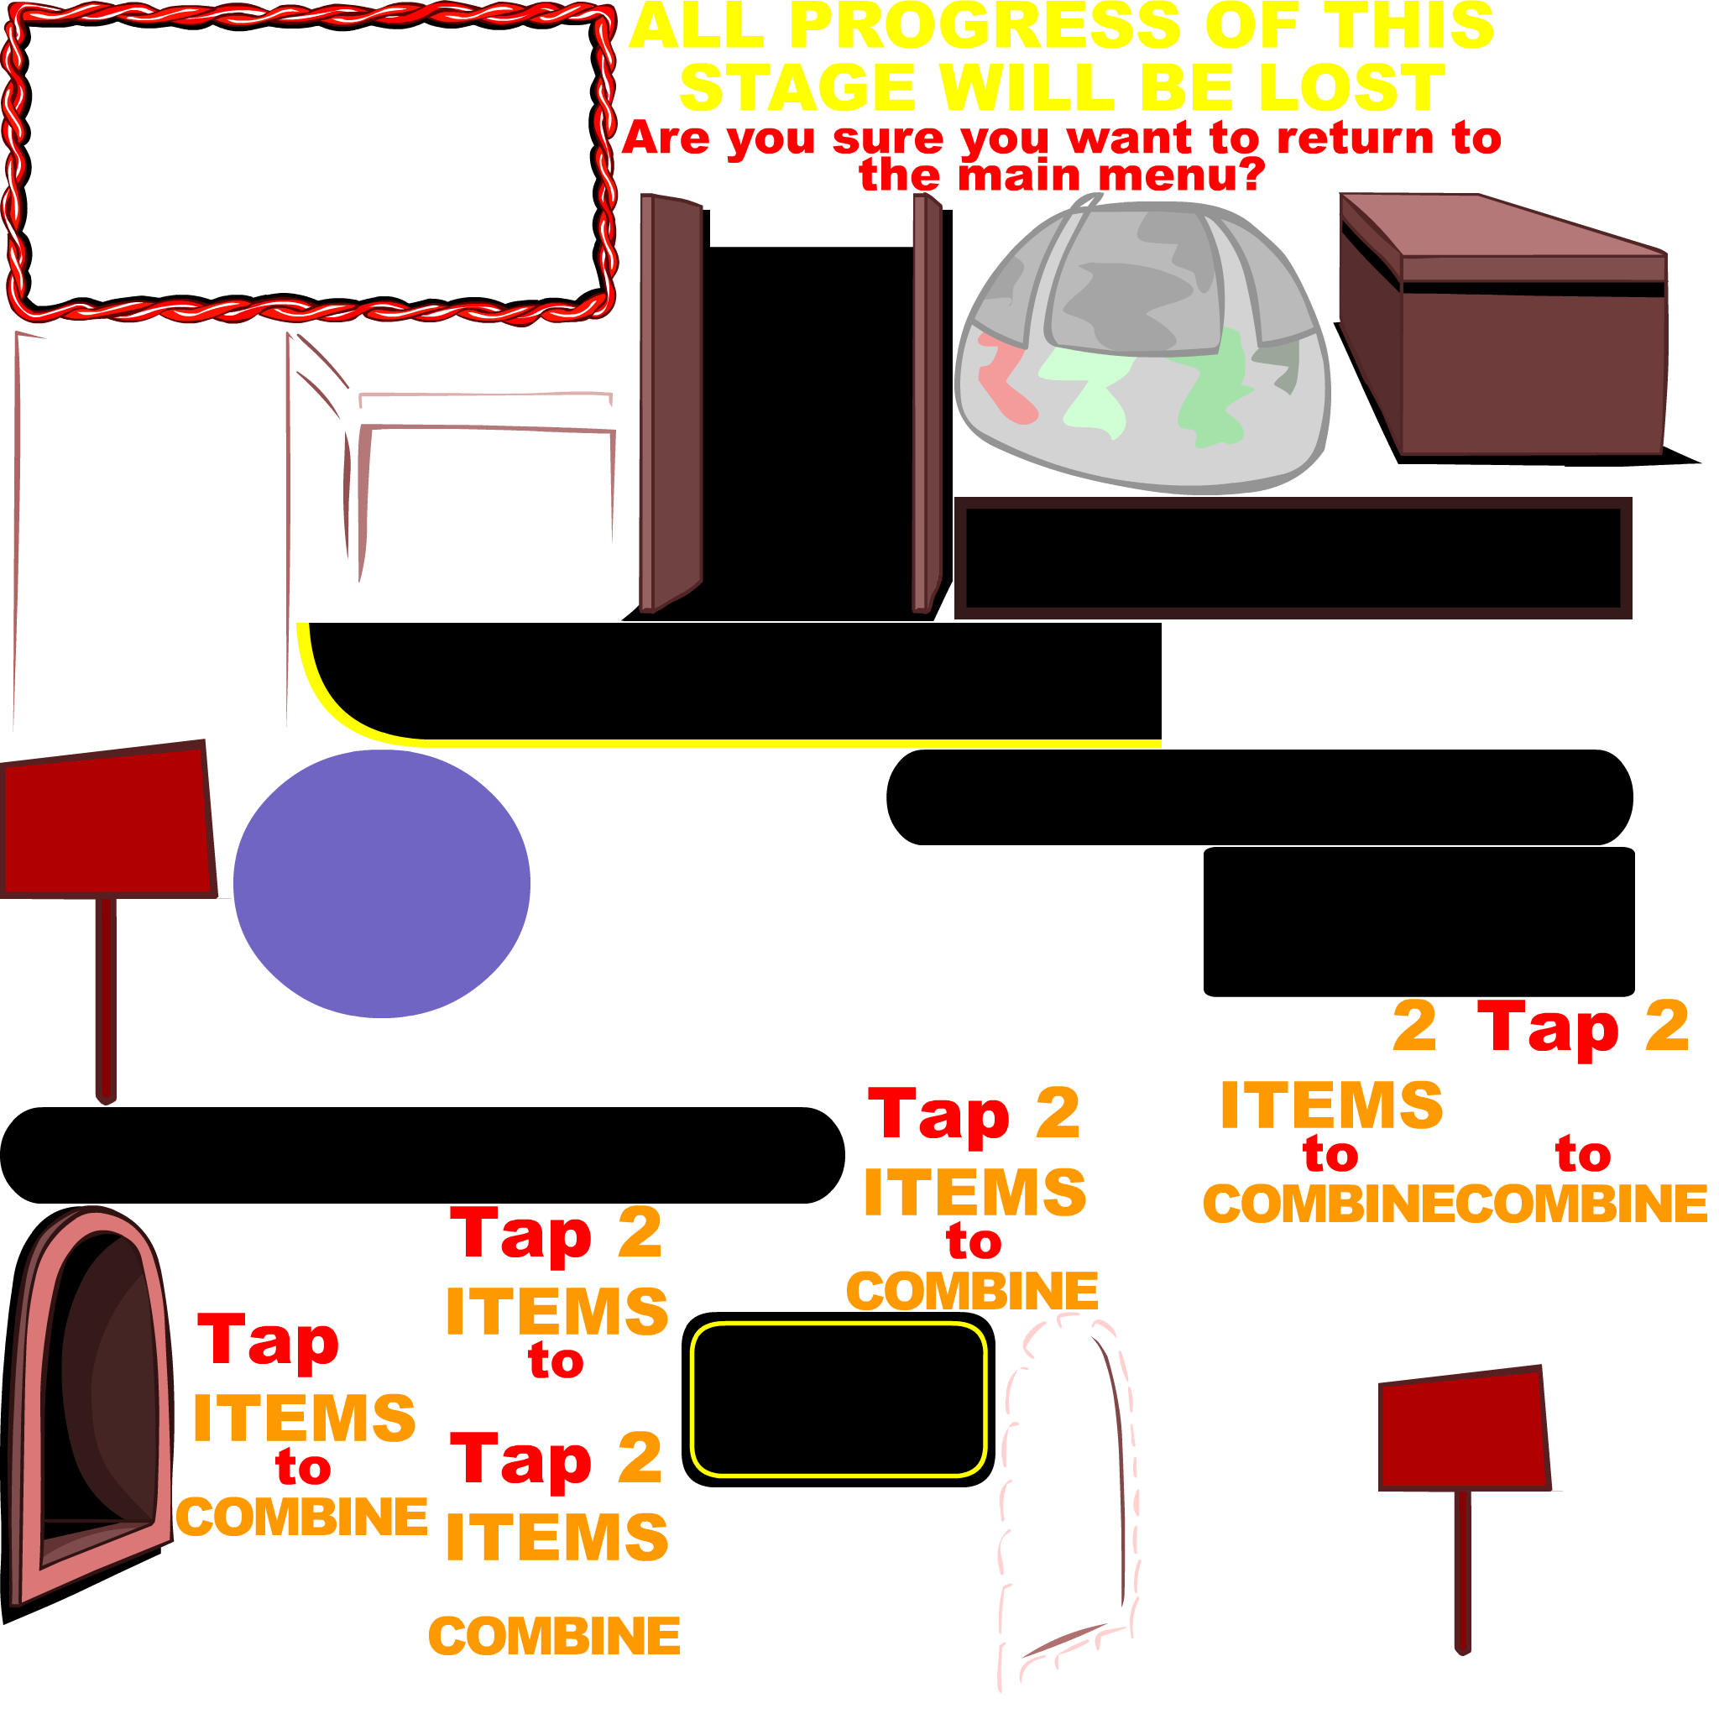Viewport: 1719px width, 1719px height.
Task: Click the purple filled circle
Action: (x=381, y=884)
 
